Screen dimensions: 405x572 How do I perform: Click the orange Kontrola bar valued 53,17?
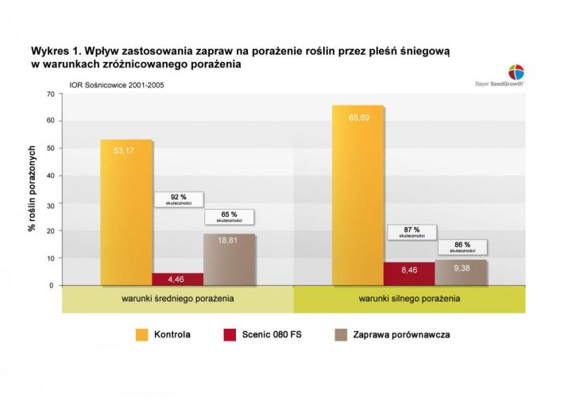[126, 212]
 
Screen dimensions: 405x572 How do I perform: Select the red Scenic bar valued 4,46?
[178, 279]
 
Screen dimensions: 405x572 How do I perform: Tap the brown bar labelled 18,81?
[230, 259]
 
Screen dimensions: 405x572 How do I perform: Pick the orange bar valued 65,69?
[357, 195]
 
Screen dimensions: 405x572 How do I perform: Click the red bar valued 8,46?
[409, 273]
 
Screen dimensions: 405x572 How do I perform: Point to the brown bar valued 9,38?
[461, 272]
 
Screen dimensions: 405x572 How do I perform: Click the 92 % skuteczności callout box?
[179, 199]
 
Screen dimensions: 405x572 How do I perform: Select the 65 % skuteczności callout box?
[230, 217]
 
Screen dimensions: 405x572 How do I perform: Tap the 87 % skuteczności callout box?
[412, 232]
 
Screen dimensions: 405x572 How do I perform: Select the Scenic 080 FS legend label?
[272, 335]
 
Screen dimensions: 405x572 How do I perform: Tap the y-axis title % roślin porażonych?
[33, 188]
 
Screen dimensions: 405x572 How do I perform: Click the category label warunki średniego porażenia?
[177, 299]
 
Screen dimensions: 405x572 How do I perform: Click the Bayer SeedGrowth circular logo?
[516, 70]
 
